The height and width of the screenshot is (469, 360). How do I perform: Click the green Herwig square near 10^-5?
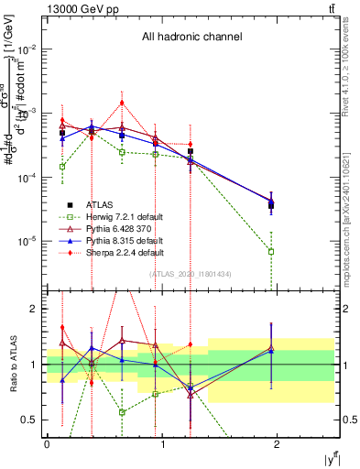pos(271,251)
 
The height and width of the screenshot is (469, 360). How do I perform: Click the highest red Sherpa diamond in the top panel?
pos(122,103)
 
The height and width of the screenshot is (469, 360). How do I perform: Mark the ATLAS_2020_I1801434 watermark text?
pos(191,274)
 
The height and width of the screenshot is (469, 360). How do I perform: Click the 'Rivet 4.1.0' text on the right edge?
pos(352,64)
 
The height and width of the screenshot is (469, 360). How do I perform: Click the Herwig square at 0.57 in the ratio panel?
pos(122,412)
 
